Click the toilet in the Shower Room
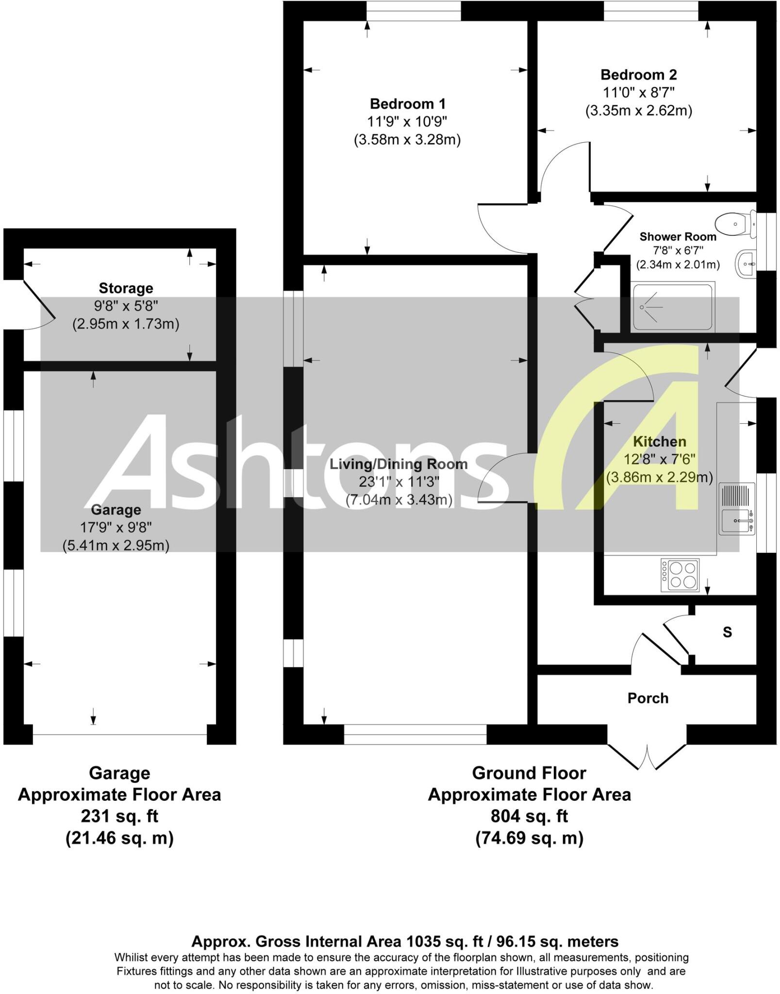click(735, 224)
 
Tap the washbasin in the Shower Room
click(747, 264)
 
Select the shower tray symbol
click(673, 307)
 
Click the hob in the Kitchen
click(680, 575)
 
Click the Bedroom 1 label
click(407, 104)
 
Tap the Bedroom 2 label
click(638, 75)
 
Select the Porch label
click(647, 698)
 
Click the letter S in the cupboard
click(727, 632)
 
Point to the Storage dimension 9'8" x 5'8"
click(126, 306)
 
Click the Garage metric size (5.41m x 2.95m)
click(116, 546)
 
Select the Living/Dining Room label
click(398, 464)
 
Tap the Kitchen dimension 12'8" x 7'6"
click(660, 459)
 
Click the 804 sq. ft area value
click(529, 816)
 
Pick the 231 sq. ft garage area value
click(119, 816)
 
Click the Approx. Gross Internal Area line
click(405, 942)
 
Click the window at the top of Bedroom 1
click(413, 11)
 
